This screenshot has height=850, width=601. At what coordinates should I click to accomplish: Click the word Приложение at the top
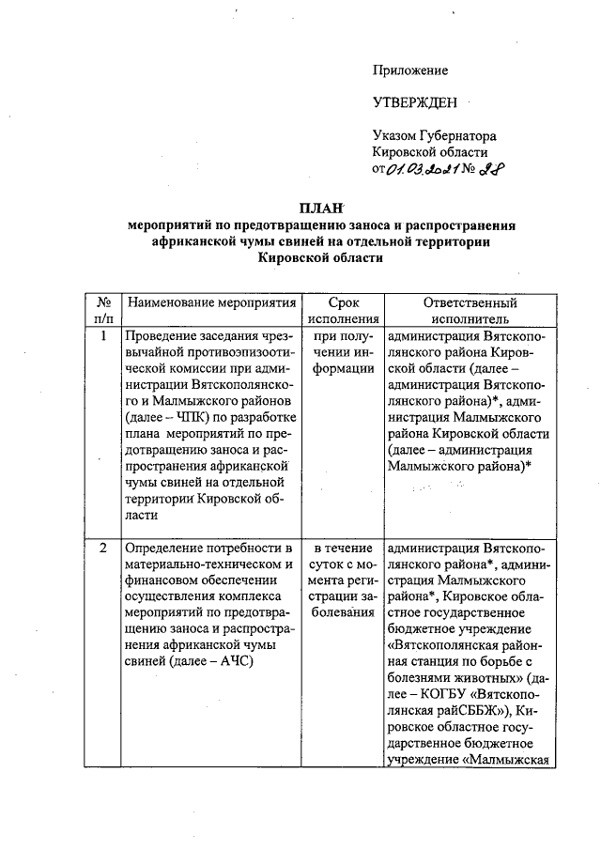[x=410, y=70]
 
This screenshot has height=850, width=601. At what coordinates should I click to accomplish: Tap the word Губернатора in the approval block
[x=458, y=137]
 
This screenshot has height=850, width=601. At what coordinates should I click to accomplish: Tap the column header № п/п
[x=105, y=311]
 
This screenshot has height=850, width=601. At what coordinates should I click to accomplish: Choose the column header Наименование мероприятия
[x=211, y=303]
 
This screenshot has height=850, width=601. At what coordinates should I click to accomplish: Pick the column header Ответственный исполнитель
[x=470, y=311]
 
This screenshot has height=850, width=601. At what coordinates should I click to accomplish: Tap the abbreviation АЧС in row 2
[x=237, y=663]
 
